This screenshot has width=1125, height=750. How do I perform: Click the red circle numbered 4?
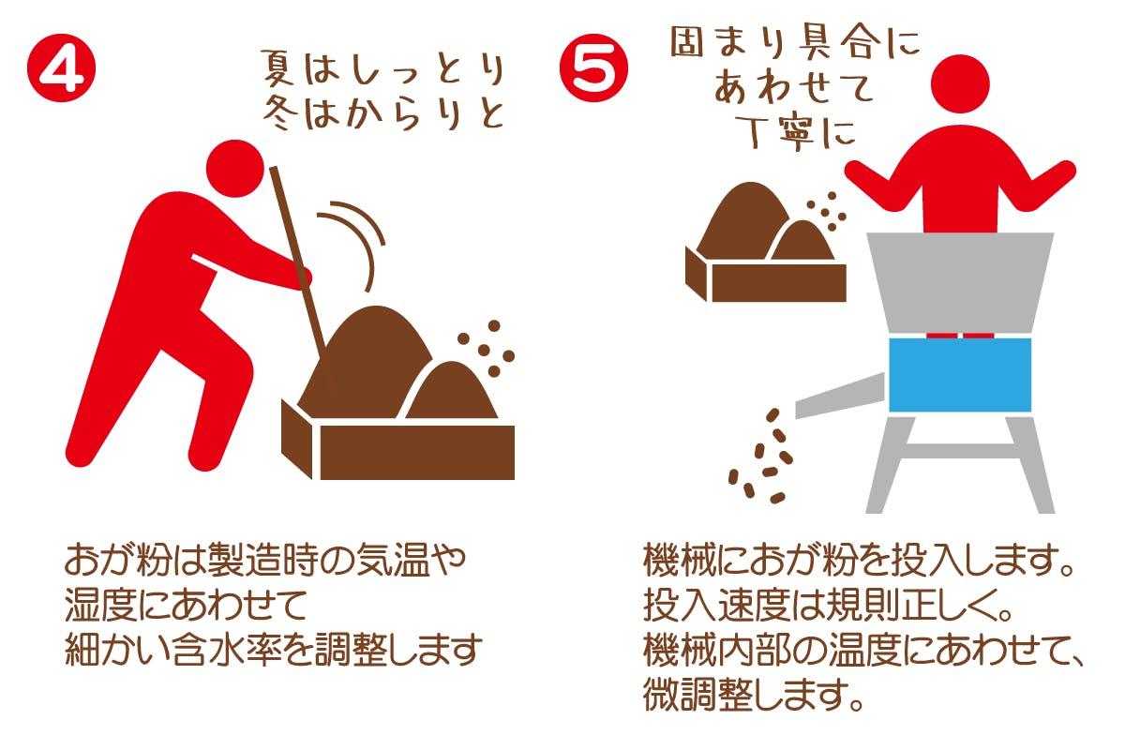[x=61, y=68]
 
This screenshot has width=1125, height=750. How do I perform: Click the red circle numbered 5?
[x=594, y=68]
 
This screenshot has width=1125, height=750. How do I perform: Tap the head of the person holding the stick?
[x=235, y=169]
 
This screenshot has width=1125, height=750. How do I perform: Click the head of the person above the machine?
[x=960, y=83]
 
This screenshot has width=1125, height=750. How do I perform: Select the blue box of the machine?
[x=960, y=375]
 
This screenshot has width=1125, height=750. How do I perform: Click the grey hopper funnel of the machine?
[x=960, y=283]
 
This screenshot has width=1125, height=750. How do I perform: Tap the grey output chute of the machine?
[x=840, y=396]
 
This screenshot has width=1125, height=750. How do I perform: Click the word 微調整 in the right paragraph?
[x=697, y=695]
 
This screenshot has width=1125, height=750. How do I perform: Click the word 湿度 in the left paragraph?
[x=101, y=605]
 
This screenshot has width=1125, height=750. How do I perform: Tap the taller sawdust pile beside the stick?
[x=365, y=363]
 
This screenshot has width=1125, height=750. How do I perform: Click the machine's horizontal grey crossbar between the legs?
[x=960, y=452]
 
